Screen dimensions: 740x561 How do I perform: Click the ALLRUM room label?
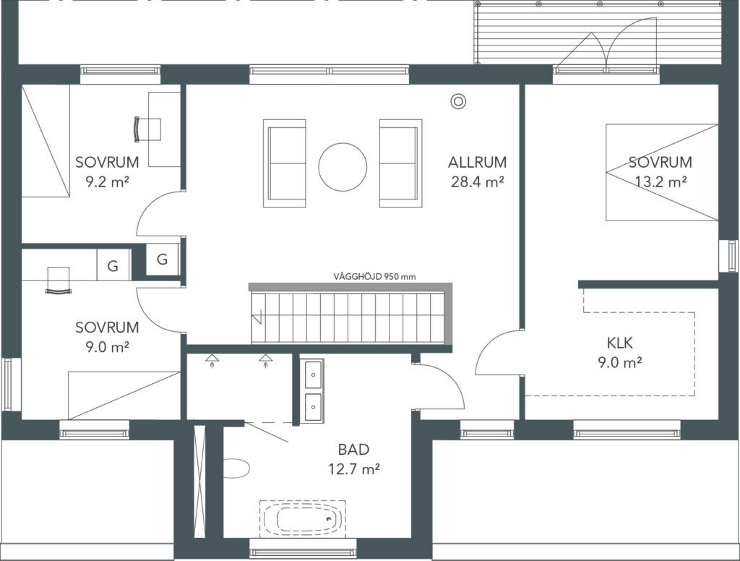(x=477, y=162)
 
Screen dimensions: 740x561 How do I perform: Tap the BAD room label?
(x=354, y=449)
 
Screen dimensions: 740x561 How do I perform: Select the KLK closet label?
(x=619, y=343)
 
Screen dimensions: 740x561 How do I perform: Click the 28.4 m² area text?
(x=477, y=181)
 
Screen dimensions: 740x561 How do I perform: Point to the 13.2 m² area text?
(x=661, y=181)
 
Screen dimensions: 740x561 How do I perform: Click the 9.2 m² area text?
(x=107, y=181)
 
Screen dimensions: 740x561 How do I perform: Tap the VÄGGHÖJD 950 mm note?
(x=375, y=277)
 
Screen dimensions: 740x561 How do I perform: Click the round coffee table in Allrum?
(x=343, y=167)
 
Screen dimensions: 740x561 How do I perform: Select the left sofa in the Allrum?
(x=285, y=163)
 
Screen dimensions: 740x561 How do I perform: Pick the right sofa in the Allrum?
(x=400, y=163)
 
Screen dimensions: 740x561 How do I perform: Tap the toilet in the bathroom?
(x=236, y=468)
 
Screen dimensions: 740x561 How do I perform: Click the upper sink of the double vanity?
(x=313, y=375)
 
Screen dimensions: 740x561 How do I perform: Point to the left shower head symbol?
(x=212, y=360)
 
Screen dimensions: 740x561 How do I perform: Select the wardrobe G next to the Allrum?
(x=162, y=259)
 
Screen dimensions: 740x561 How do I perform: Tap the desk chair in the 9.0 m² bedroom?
(x=58, y=280)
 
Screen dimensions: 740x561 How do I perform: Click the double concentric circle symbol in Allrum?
(x=457, y=101)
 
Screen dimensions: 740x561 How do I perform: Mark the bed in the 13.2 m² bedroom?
(x=662, y=172)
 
